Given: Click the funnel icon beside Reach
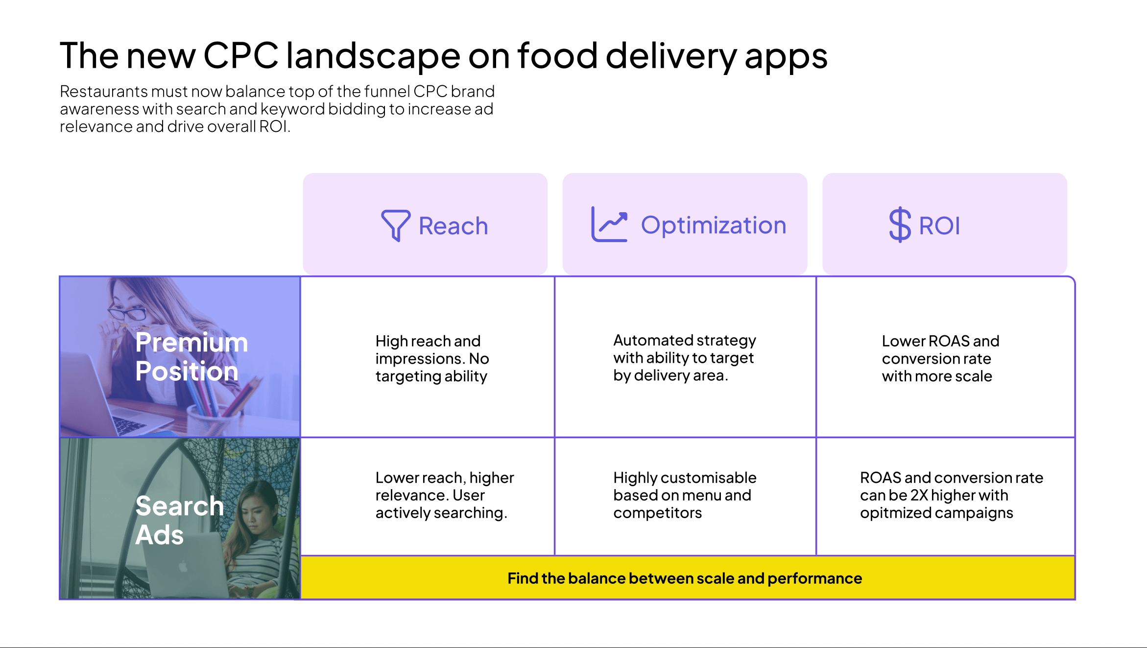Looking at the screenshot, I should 395,225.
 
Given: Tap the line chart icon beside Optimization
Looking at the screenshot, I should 609,224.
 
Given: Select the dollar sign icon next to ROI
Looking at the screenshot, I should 900,225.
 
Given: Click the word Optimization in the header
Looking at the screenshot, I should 713,225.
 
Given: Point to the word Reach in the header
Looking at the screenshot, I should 453,226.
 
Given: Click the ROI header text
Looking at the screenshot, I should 939,226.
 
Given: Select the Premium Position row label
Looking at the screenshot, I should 191,356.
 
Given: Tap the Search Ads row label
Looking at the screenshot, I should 179,520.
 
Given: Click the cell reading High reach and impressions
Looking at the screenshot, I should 432,358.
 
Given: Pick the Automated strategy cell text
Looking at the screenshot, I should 684,358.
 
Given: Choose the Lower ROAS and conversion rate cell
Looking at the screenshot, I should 940,358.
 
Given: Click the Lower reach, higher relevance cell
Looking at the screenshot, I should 444,495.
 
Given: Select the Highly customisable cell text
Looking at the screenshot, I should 684,495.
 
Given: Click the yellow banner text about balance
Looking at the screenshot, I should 684,578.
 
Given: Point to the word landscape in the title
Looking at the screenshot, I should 373,55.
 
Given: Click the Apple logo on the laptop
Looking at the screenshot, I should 183,568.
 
